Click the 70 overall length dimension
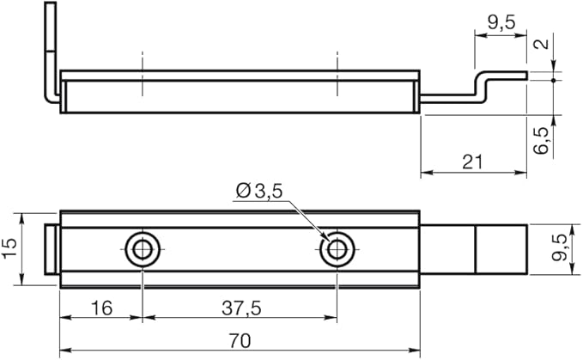tap(240, 341)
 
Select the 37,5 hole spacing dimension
tap(241, 308)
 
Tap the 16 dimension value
tap(101, 308)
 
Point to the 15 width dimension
tap(9, 248)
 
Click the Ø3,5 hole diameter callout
tap(259, 191)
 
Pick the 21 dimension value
tap(472, 162)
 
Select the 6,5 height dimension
tap(541, 140)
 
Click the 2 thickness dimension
tap(541, 44)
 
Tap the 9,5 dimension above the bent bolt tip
tap(501, 23)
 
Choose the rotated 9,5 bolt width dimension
tap(560, 247)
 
